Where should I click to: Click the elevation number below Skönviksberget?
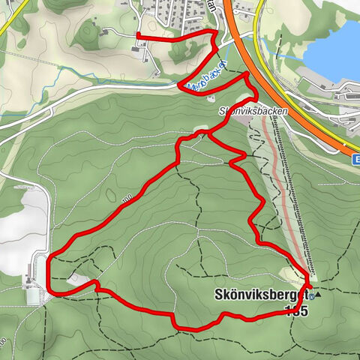click(x=298, y=310)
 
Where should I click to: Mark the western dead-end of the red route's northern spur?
click(x=137, y=36)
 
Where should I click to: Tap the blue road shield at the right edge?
click(x=356, y=159)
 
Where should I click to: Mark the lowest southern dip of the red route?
click(x=187, y=328)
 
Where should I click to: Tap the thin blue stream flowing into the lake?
click(x=289, y=57)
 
